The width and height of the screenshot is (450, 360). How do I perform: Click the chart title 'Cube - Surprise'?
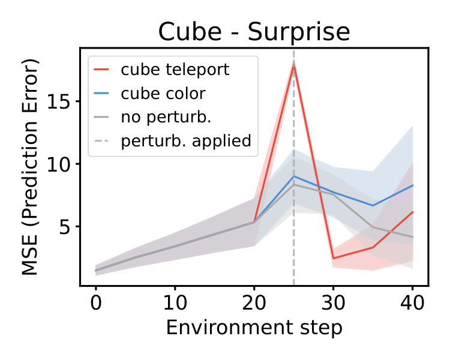pyautogui.click(x=254, y=32)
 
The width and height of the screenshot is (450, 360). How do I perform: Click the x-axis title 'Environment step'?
pyautogui.click(x=254, y=328)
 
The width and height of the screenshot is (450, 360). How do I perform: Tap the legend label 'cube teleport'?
pyautogui.click(x=175, y=70)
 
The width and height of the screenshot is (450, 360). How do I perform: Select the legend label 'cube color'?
pyautogui.click(x=163, y=94)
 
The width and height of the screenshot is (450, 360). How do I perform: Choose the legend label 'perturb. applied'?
pyautogui.click(x=185, y=142)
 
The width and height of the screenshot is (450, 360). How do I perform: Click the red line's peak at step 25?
pyautogui.click(x=293, y=65)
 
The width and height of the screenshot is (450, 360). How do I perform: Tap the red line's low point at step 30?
pyautogui.click(x=334, y=259)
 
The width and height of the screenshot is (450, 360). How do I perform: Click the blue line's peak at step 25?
pyautogui.click(x=293, y=176)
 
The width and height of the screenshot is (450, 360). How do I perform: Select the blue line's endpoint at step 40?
pyautogui.click(x=413, y=185)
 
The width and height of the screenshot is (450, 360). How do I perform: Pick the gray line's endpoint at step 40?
pyautogui.click(x=413, y=237)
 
